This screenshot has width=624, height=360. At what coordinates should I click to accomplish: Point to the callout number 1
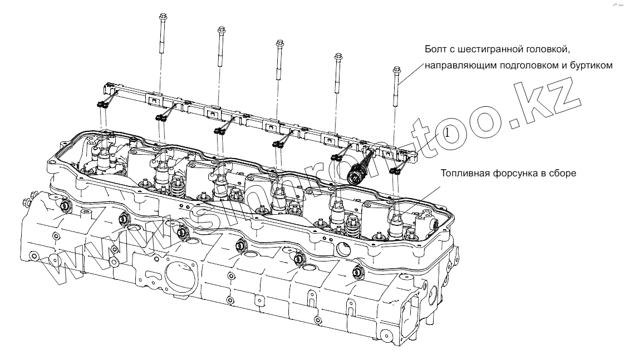(448, 134)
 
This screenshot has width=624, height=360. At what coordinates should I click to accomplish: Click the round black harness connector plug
(355, 176)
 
